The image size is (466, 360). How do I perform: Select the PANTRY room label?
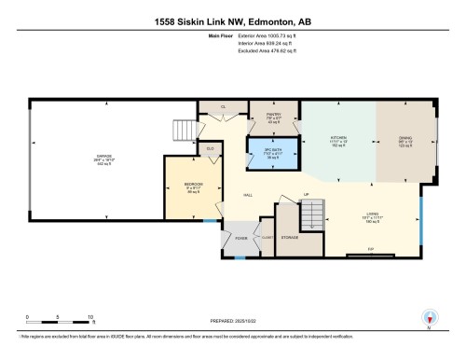[x=273, y=116]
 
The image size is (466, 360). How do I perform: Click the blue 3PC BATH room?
[x=272, y=151]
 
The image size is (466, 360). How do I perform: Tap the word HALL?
[x=249, y=195]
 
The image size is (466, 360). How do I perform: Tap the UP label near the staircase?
[x=305, y=195]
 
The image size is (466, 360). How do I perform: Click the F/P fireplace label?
[x=370, y=250]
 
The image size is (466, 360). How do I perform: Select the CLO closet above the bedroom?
[x=211, y=147]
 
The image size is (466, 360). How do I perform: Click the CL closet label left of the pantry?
[x=223, y=107]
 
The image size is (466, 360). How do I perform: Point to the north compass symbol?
[x=429, y=317]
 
